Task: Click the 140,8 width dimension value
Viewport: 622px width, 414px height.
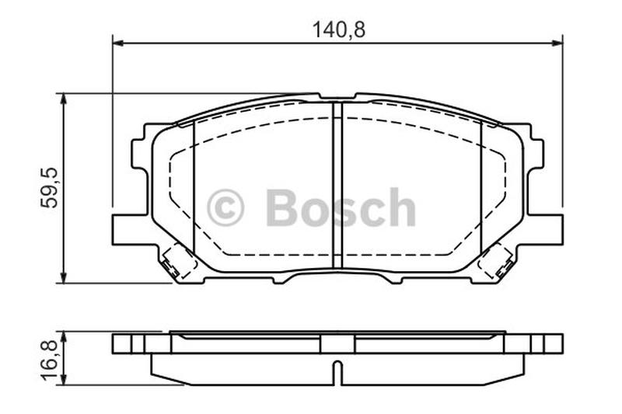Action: (338, 30)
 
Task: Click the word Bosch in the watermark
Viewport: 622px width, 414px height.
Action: (341, 208)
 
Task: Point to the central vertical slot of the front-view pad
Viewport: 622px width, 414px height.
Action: (337, 186)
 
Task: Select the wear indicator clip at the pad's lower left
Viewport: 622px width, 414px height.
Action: (178, 262)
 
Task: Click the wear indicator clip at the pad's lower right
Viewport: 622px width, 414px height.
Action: (495, 262)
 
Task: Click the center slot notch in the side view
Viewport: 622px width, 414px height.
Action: (337, 371)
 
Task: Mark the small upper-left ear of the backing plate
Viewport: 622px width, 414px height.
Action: (141, 152)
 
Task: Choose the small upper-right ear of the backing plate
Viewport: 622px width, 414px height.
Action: (534, 152)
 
